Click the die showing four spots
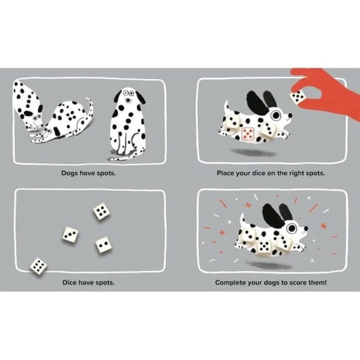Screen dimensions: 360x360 [x=101, y=211]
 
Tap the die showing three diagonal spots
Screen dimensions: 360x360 [x=70, y=235]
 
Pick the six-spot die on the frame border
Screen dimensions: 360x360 [x=38, y=266]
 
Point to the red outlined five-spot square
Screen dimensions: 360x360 [x=248, y=134]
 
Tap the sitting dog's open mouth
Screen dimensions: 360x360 [x=128, y=100]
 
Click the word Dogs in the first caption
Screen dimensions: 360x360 [x=70, y=173]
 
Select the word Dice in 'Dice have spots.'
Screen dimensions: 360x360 [x=70, y=282]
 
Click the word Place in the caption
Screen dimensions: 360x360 [x=226, y=173]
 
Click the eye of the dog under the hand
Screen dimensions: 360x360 [x=275, y=115]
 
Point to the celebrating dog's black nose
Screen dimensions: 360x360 [x=306, y=228]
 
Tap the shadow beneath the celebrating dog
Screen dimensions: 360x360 [x=269, y=265]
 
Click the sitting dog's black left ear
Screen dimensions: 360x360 [x=118, y=96]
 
